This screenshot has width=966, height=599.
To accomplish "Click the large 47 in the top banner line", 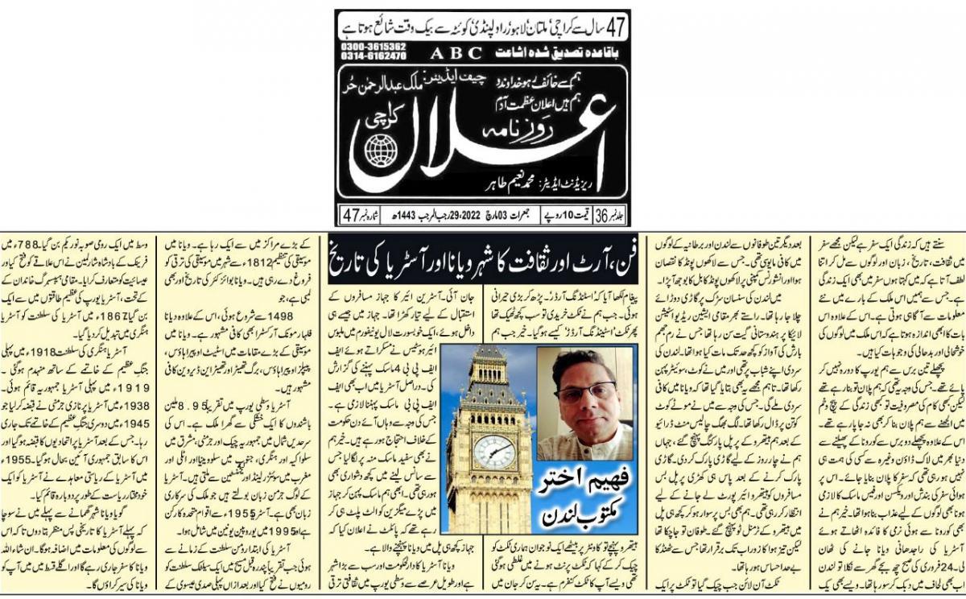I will (x=617, y=23).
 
